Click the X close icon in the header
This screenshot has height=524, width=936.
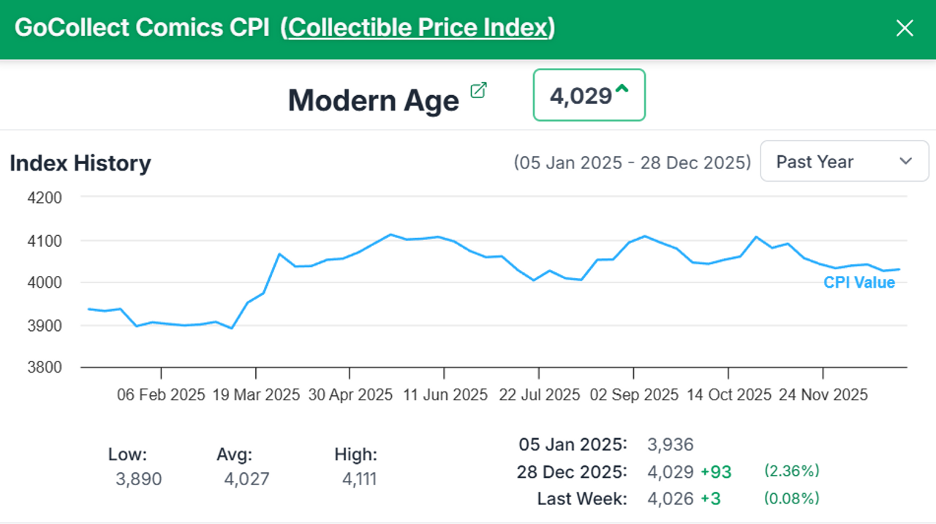pyautogui.click(x=905, y=29)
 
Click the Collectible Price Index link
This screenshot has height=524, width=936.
pyautogui.click(x=418, y=28)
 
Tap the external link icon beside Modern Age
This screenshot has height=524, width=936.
pyautogui.click(x=478, y=91)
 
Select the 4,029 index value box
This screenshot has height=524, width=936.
pyautogui.click(x=589, y=95)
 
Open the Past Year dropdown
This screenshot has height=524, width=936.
pyautogui.click(x=844, y=162)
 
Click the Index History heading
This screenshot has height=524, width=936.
pyautogui.click(x=80, y=163)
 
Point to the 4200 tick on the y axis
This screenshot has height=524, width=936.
pyautogui.click(x=46, y=198)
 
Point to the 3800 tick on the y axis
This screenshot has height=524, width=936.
pyautogui.click(x=46, y=367)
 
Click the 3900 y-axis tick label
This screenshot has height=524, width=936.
pyautogui.click(x=46, y=325)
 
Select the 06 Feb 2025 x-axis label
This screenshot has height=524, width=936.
pyautogui.click(x=161, y=395)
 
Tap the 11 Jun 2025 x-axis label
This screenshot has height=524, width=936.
pyautogui.click(x=445, y=395)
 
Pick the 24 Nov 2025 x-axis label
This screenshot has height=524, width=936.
pyautogui.click(x=823, y=395)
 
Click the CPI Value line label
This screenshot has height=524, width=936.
pyautogui.click(x=859, y=283)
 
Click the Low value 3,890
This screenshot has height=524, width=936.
pyautogui.click(x=138, y=480)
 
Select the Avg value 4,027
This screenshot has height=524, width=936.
pyautogui.click(x=246, y=480)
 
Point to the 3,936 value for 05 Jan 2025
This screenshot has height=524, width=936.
pyautogui.click(x=671, y=444)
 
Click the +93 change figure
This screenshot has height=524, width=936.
pyautogui.click(x=716, y=472)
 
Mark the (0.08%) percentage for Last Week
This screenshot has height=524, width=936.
pyautogui.click(x=792, y=498)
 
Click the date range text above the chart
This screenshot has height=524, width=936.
pyautogui.click(x=632, y=162)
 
